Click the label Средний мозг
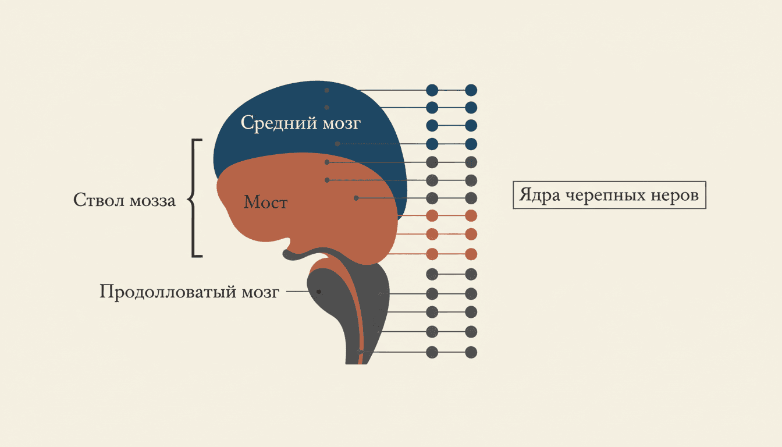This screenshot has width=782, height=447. [x=301, y=123]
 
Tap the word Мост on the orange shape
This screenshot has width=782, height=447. [x=265, y=202]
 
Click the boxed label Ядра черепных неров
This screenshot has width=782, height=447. [x=609, y=195]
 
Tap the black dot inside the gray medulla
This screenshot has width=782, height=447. [x=319, y=292]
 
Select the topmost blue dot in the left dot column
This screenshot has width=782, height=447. [x=432, y=90]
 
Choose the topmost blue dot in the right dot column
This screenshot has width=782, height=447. [x=471, y=90]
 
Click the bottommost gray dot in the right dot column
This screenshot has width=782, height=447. [x=471, y=352]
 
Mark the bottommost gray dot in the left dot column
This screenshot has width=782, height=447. [x=432, y=352]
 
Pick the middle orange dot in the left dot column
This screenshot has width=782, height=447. [x=432, y=234]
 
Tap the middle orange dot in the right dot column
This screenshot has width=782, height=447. [x=471, y=234]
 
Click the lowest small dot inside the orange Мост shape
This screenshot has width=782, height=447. [x=356, y=198]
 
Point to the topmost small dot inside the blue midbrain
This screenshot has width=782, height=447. [x=326, y=90]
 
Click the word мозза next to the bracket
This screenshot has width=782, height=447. [x=152, y=201]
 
